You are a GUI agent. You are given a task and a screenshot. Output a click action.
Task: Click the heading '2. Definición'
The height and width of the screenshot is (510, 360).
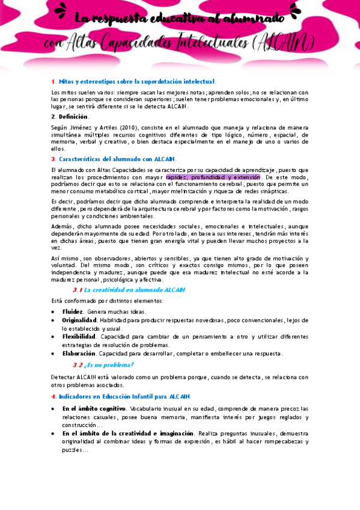70,116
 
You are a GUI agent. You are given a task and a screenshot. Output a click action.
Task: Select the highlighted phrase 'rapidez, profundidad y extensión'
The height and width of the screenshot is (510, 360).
213,177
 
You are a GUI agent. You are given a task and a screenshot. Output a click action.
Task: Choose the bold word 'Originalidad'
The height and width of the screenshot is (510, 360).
79,320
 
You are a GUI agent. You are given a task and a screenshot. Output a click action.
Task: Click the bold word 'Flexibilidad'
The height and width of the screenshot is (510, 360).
79,337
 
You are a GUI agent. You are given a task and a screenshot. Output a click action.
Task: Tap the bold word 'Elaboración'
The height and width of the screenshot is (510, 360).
79,354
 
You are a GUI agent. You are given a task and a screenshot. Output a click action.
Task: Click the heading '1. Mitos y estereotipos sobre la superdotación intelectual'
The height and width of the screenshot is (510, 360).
133,81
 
